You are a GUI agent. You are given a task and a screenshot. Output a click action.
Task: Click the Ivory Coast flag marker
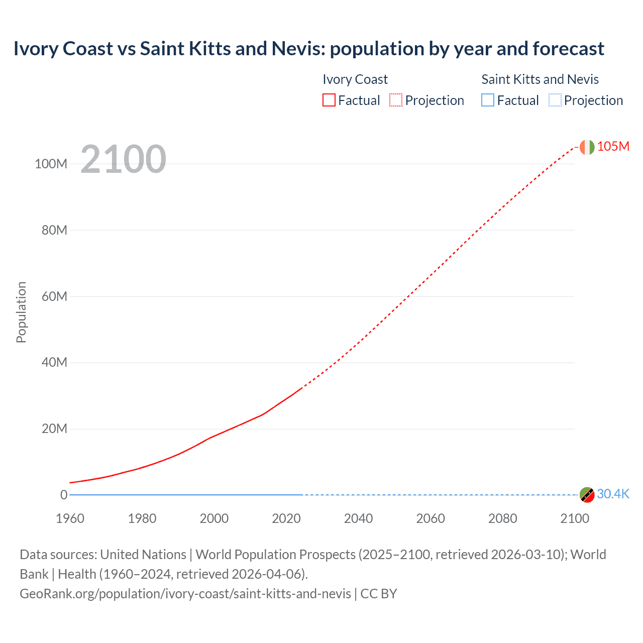click(x=587, y=147)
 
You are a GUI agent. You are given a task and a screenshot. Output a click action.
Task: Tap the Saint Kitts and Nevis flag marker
click(x=587, y=495)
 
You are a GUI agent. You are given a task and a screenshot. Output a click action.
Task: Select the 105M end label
click(x=613, y=146)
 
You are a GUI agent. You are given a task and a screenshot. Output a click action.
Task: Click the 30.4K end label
click(x=613, y=494)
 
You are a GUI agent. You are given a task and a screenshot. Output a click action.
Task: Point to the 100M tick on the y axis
click(x=51, y=164)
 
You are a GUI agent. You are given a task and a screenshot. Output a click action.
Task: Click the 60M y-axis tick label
click(x=54, y=296)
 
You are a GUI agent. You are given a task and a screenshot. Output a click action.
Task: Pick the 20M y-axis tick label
click(x=54, y=428)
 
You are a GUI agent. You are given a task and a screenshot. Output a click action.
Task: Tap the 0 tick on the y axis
click(x=64, y=495)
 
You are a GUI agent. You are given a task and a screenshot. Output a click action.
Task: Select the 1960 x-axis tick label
click(x=70, y=518)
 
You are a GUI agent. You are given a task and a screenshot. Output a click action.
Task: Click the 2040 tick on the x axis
click(x=358, y=518)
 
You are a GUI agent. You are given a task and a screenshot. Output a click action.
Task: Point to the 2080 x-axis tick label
click(x=502, y=518)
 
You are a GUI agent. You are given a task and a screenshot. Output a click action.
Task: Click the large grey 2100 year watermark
click(x=123, y=159)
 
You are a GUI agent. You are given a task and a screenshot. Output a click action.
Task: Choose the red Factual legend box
click(x=329, y=100)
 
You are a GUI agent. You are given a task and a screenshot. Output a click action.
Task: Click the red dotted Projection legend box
click(x=396, y=100)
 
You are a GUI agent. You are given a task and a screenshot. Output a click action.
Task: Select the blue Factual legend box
click(x=488, y=100)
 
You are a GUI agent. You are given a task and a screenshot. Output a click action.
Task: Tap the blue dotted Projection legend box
click(x=555, y=100)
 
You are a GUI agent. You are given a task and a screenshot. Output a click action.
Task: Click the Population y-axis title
click(x=21, y=312)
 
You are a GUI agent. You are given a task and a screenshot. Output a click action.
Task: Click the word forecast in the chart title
click(x=568, y=49)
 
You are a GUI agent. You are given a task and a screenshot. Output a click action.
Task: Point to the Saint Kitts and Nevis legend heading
click(x=540, y=79)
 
